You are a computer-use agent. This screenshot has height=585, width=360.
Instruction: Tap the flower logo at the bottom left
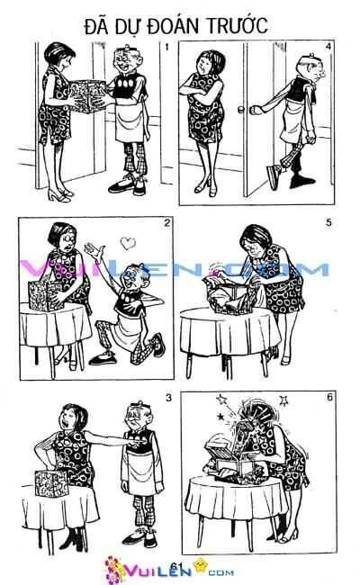pyautogui.click(x=116, y=568)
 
